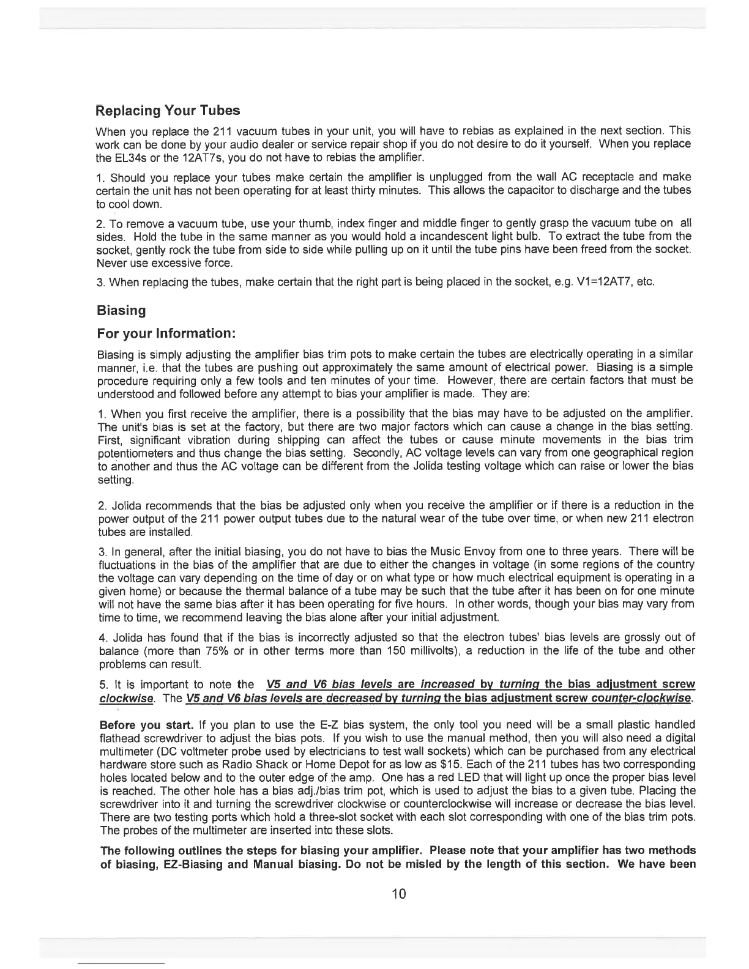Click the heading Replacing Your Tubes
tap(168, 111)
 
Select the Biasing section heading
tap(121, 310)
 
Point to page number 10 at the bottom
tap(398, 894)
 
